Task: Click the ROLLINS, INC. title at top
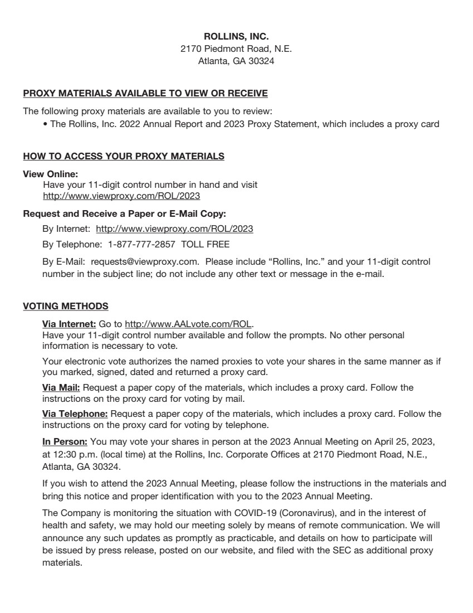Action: pos(236,37)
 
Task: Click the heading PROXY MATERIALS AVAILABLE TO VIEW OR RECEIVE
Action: pos(145,93)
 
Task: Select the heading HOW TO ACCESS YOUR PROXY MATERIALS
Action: pos(124,157)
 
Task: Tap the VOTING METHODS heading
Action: pos(66,306)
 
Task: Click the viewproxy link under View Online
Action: pos(121,196)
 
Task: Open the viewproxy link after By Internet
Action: pos(174,229)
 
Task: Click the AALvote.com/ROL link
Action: pos(188,324)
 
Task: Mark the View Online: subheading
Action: pos(50,174)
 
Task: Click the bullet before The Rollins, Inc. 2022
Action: pos(45,125)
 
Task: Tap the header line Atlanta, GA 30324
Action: pos(236,61)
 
